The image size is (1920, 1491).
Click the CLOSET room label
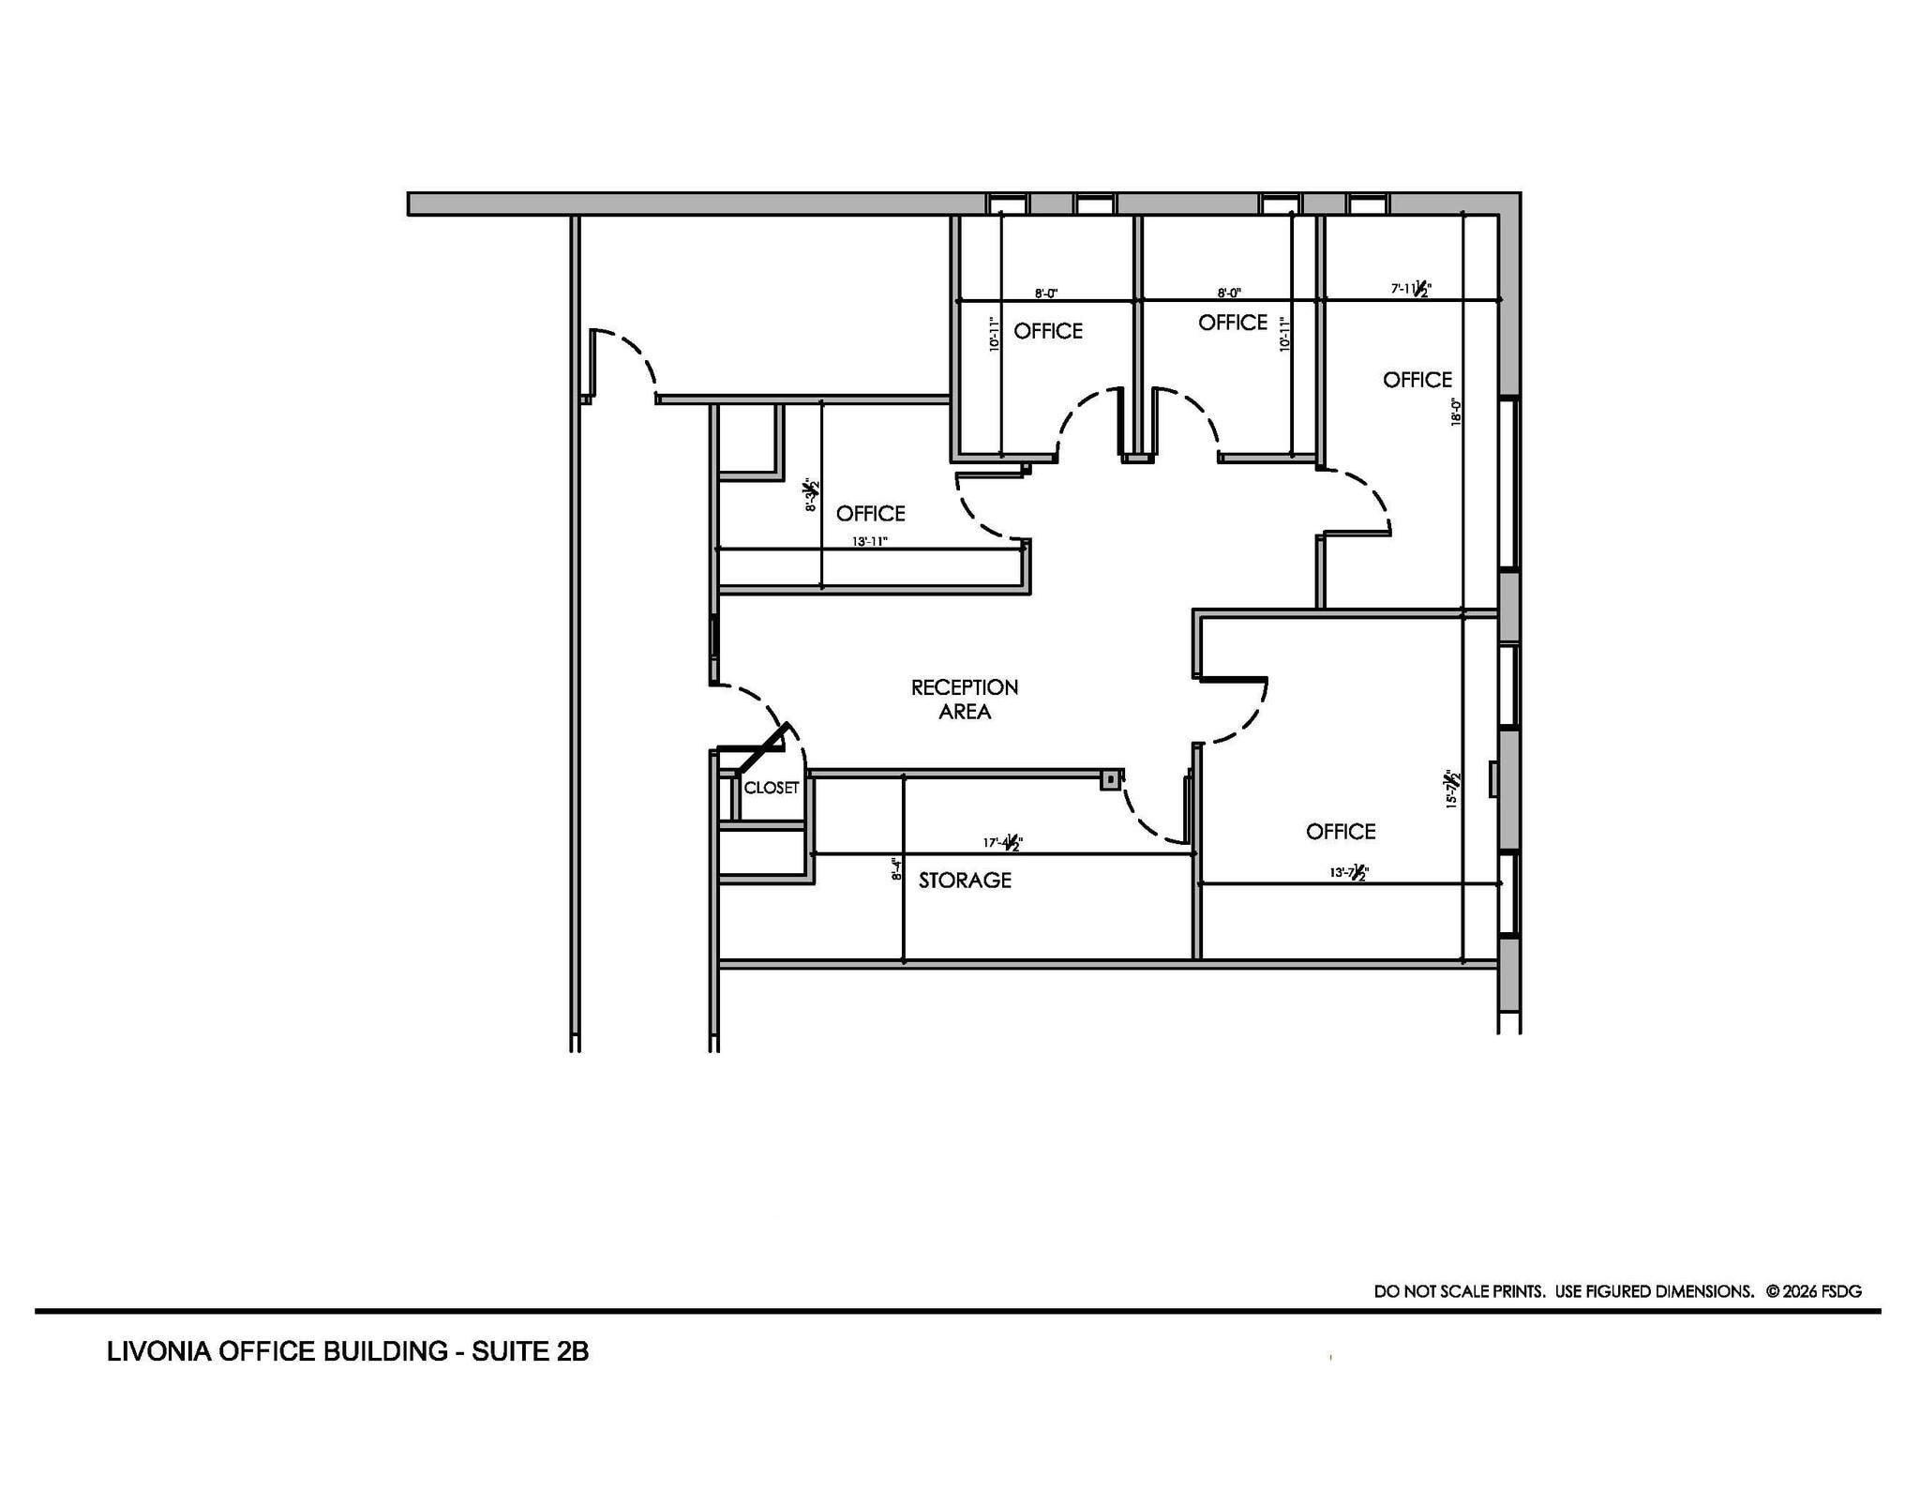point(771,788)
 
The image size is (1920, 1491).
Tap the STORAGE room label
point(965,880)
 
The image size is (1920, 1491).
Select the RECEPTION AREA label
point(965,700)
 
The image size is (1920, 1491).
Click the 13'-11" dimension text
point(869,541)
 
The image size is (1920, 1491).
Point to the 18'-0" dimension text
point(1456,413)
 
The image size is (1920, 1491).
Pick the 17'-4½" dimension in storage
point(1002,842)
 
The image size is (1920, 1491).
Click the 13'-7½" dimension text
point(1349,872)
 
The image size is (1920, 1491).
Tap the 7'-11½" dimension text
point(1411,289)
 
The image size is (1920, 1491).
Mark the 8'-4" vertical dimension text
point(896,869)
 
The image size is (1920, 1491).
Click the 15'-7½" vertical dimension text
point(1451,790)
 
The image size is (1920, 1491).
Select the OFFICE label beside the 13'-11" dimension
point(870,514)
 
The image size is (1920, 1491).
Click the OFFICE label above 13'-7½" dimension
point(1341,832)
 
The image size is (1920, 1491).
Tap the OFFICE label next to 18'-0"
point(1417,380)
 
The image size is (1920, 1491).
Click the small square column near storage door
point(1110,779)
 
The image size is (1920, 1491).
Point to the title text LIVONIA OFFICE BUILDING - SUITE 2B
point(348,1351)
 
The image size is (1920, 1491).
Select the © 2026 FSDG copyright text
point(1813,1291)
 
